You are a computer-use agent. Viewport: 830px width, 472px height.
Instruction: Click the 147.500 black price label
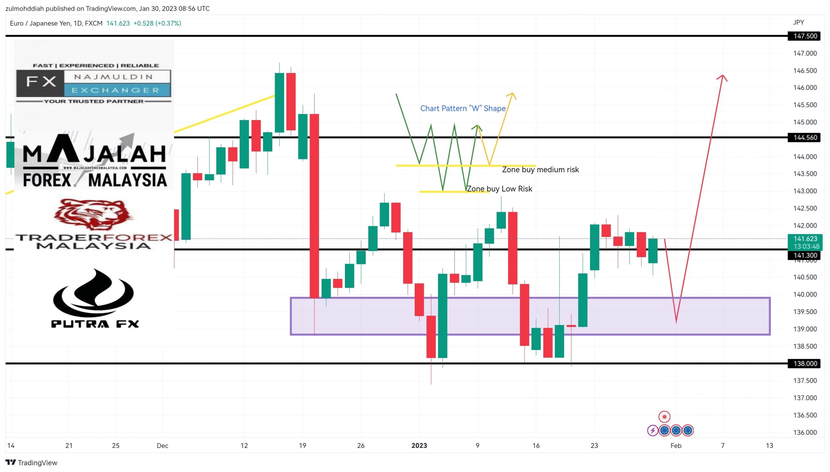(x=804, y=36)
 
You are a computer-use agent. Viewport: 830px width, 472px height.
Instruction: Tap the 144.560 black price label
(x=804, y=138)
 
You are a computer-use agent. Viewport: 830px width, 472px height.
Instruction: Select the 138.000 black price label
(x=804, y=364)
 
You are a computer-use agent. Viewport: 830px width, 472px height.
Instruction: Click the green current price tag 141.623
(x=805, y=242)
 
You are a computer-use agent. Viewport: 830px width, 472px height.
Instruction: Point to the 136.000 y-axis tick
(x=805, y=432)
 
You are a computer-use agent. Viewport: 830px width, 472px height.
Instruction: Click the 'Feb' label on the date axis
(x=676, y=446)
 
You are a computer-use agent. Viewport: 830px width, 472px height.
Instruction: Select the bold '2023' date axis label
(x=419, y=446)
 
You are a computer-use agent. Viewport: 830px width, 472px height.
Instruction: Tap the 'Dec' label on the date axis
(x=162, y=446)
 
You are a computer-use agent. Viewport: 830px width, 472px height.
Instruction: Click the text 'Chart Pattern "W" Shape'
(x=463, y=108)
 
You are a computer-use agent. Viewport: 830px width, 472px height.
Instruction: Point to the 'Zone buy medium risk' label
(x=540, y=170)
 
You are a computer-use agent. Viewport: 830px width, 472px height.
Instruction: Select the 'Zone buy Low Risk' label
(x=499, y=189)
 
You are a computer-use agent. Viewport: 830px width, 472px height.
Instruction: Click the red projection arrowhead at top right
(x=722, y=78)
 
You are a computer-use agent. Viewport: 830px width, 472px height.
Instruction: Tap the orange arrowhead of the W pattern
(x=512, y=95)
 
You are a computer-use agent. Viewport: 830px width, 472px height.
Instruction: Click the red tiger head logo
(x=94, y=214)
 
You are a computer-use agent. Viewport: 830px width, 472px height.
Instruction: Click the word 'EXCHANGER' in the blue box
(x=115, y=90)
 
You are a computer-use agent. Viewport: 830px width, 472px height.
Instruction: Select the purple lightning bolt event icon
(x=652, y=431)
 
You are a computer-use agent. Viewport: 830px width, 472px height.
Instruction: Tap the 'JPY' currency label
(x=798, y=22)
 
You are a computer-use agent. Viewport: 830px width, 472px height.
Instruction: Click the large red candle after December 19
(x=314, y=206)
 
